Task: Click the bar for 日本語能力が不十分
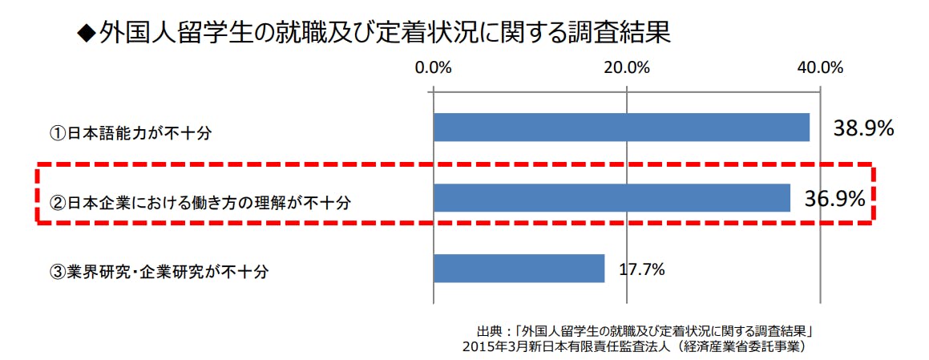621,127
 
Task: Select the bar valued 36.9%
612,198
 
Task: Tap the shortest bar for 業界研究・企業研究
519,269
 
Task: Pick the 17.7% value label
641,269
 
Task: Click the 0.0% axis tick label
434,67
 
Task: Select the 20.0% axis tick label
626,67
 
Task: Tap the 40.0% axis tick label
820,67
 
